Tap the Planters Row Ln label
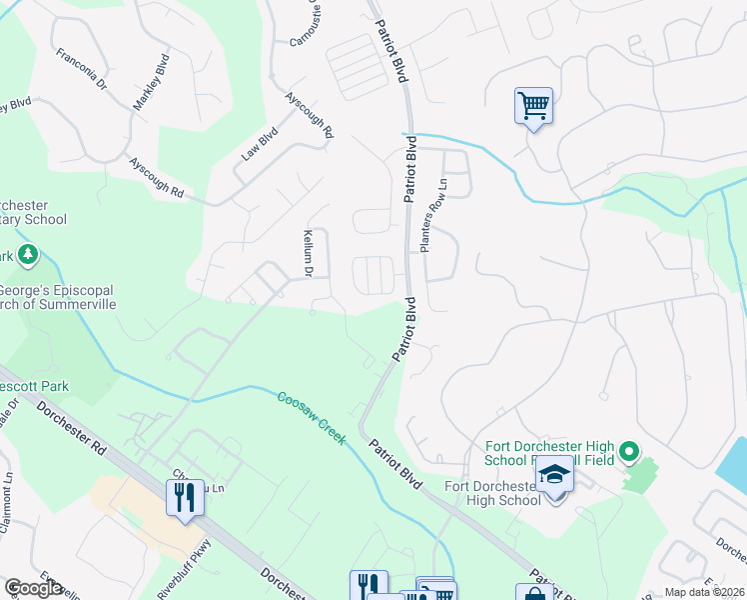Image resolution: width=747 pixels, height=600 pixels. coord(430,215)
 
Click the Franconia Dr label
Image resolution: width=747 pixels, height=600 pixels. coord(80,70)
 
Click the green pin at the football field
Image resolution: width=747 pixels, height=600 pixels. coord(628,453)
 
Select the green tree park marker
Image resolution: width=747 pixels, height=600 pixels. coord(27,257)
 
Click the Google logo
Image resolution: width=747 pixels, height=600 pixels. coord(33,587)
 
